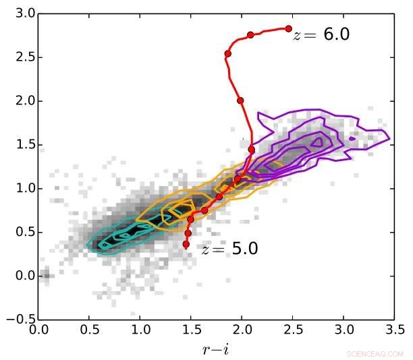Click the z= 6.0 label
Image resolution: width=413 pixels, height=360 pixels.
pyautogui.click(x=321, y=35)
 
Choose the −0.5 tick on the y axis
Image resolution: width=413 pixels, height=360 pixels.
pyautogui.click(x=19, y=320)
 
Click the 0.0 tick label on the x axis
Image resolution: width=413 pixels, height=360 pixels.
pyautogui.click(x=38, y=330)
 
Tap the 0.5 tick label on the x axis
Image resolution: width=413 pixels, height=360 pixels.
pyautogui.click(x=89, y=330)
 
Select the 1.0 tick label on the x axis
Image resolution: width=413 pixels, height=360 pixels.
pyautogui.click(x=140, y=330)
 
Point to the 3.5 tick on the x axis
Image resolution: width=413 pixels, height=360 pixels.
pyautogui.click(x=393, y=330)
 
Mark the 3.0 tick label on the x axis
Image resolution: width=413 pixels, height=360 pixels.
pyautogui.click(x=343, y=330)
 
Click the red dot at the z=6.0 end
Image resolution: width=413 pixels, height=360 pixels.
pyautogui.click(x=288, y=29)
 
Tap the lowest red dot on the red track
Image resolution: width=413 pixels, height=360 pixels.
pyautogui.click(x=186, y=244)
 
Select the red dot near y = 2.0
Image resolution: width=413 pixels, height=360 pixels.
pyautogui.click(x=240, y=100)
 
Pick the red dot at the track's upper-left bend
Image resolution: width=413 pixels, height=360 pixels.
pyautogui.click(x=228, y=53)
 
